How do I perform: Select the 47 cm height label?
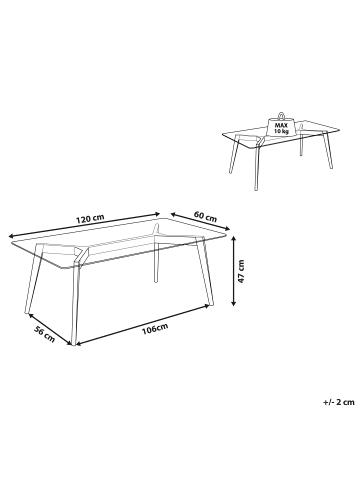242,270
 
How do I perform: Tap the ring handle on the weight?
280,110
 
